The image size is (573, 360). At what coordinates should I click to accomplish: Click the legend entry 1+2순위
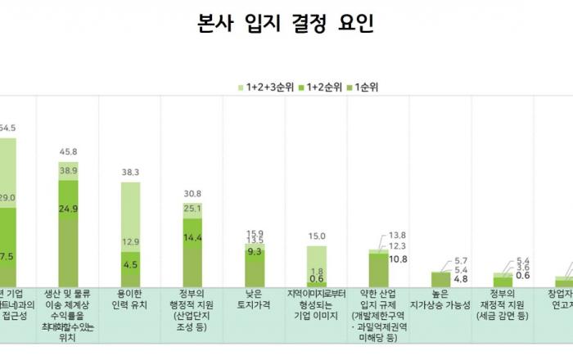pos(321,86)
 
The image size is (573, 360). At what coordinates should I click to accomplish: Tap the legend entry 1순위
pos(369,86)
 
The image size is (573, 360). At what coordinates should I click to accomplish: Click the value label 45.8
pos(69,151)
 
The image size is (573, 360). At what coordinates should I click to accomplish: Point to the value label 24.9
pos(69,209)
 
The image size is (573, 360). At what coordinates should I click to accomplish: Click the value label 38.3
pos(131,173)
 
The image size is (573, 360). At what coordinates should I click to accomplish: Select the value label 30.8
pos(193,194)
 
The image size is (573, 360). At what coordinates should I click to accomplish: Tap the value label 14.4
pos(193,237)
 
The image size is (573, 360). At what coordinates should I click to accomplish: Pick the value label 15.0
pos(317,236)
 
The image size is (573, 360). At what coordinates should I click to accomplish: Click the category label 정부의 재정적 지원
pos(503,305)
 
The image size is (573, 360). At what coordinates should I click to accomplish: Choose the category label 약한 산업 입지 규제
pos(379,311)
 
